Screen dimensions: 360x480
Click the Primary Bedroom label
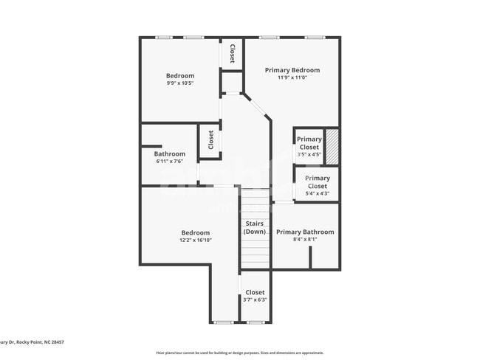pos(292,69)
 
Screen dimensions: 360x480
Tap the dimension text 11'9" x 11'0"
pos(292,77)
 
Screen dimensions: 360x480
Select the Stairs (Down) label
pos(255,228)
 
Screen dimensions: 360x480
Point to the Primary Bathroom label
pos(305,232)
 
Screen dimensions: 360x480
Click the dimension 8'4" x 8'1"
pos(305,240)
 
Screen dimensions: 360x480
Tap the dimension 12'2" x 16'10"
pos(196,240)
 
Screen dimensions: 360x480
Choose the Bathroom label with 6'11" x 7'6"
pos(170,154)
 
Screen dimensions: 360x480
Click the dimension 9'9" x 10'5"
pos(180,83)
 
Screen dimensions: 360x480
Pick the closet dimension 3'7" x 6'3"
pos(255,300)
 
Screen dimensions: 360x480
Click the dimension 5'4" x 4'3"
pos(318,194)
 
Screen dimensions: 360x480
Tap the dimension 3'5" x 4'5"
pos(309,155)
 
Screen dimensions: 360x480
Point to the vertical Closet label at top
pos(232,54)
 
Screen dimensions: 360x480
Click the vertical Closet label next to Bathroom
pos(210,140)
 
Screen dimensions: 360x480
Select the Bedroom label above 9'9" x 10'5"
pos(180,75)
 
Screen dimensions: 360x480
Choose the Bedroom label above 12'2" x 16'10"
pos(196,232)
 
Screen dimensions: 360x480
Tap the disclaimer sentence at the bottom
pos(239,353)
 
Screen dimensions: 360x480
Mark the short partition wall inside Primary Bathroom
pos(311,257)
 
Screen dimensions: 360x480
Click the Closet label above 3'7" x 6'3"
pos(255,292)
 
